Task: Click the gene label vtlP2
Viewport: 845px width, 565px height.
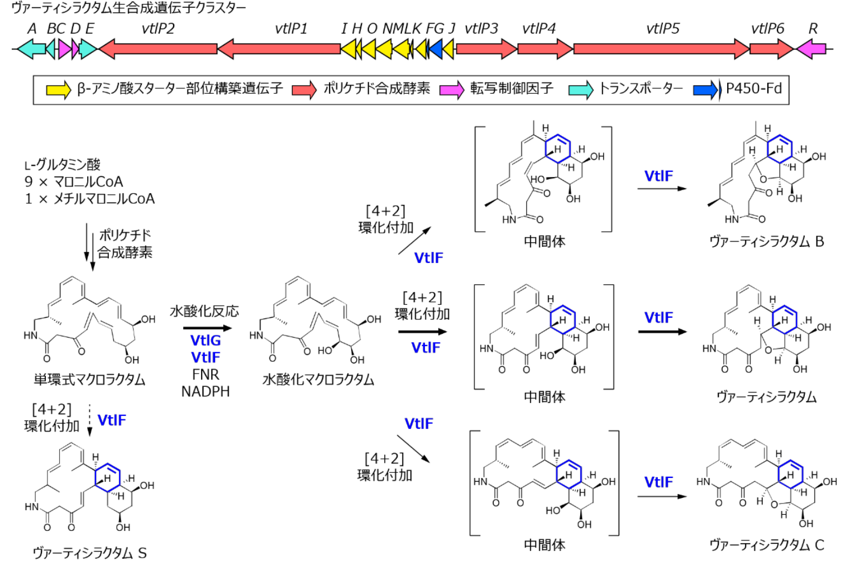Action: coord(158,28)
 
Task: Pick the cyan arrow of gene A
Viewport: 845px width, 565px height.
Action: coord(31,49)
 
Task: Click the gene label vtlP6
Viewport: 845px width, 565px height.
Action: coord(767,28)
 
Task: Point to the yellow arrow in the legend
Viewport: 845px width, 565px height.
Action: coord(58,89)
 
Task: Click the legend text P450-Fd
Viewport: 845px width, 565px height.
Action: coord(753,88)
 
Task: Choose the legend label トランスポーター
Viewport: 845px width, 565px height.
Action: coord(641,88)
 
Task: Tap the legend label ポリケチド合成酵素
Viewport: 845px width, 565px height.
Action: coord(377,88)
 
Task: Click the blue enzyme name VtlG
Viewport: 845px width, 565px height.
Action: coord(206,340)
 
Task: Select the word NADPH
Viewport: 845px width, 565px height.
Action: coord(206,391)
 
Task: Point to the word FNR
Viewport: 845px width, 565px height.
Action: coord(206,374)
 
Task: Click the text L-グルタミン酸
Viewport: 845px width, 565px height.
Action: coord(63,165)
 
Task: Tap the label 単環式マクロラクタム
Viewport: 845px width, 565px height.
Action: coord(89,380)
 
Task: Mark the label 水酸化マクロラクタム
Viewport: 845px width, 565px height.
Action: coord(318,380)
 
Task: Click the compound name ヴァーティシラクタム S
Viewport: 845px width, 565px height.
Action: coord(89,553)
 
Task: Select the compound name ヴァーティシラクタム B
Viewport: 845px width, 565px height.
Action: coord(766,241)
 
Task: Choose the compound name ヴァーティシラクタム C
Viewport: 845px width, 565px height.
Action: coord(766,545)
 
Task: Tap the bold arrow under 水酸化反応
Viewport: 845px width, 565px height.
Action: coord(204,328)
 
